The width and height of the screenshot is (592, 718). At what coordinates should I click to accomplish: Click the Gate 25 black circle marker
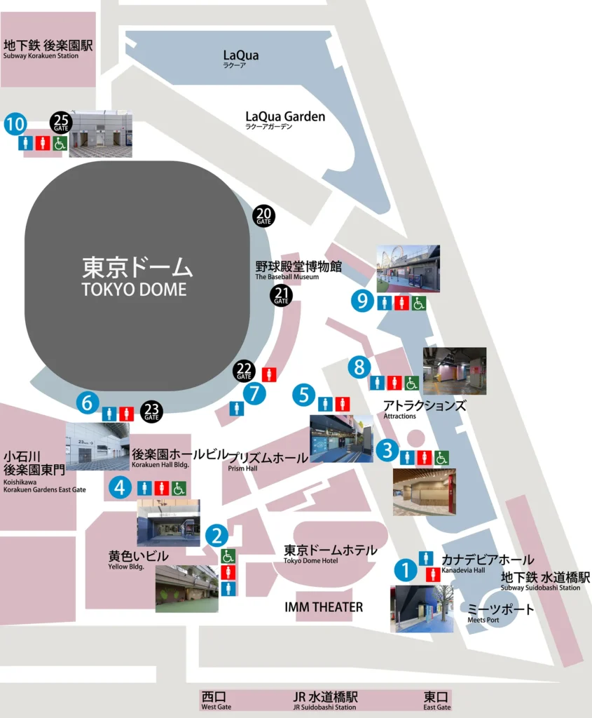pyautogui.click(x=61, y=123)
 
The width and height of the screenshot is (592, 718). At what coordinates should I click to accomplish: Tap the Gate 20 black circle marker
pyautogui.click(x=264, y=216)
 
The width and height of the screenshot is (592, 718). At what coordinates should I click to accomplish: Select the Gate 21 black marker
pyautogui.click(x=282, y=295)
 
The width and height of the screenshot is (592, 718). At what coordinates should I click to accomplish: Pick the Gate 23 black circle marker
pyautogui.click(x=151, y=412)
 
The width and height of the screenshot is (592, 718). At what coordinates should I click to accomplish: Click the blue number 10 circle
pyautogui.click(x=15, y=125)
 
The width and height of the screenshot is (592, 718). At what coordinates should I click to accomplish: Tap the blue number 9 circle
pyautogui.click(x=362, y=301)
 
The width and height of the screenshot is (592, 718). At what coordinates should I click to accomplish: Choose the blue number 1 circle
pyautogui.click(x=404, y=569)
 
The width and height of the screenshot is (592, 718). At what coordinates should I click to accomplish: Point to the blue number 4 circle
pyautogui.click(x=121, y=487)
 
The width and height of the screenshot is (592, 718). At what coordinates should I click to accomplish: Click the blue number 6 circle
pyautogui.click(x=87, y=402)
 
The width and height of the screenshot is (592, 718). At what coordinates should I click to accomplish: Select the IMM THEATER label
pyautogui.click(x=324, y=607)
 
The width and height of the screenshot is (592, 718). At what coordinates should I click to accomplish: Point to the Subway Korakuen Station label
pyautogui.click(x=48, y=49)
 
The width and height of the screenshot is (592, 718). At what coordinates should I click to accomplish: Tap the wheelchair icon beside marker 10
pyautogui.click(x=60, y=143)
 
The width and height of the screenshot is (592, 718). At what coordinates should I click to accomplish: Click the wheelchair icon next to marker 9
pyautogui.click(x=418, y=303)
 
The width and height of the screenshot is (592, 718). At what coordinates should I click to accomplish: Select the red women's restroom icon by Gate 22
pyautogui.click(x=269, y=374)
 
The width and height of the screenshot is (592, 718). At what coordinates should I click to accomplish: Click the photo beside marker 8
pyautogui.click(x=454, y=371)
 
